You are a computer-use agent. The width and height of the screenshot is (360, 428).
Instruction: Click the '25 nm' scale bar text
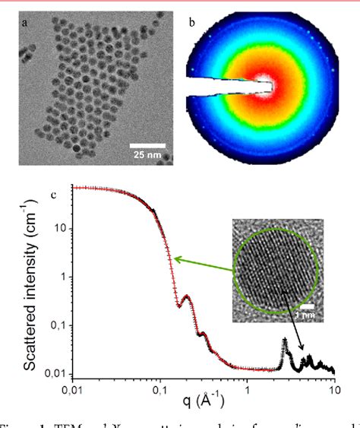click(x=146, y=154)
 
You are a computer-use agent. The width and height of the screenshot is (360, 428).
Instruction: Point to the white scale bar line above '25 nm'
click(x=146, y=144)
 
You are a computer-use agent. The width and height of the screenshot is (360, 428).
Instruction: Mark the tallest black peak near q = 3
click(x=285, y=340)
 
